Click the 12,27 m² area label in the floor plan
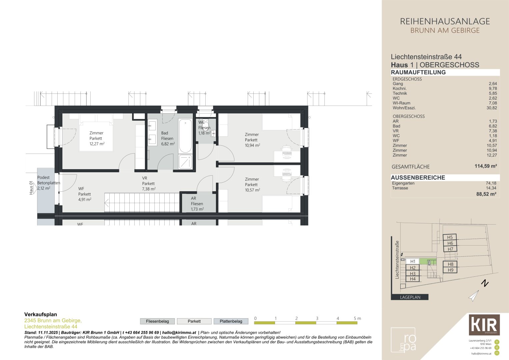point(97,144)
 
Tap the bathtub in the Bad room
point(185,136)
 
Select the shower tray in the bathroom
point(185,162)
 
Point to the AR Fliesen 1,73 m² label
point(197,204)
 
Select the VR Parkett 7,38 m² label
point(148,183)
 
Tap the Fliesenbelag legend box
point(157,321)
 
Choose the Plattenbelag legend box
point(231,321)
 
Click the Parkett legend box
point(194,321)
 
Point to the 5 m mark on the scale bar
point(357,319)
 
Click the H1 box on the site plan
point(413,261)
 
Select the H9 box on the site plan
point(450,270)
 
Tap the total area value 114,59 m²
point(486,166)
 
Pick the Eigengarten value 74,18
point(491,183)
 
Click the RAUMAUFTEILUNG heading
point(418,72)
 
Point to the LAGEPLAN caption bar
point(410,297)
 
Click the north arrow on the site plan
point(474,296)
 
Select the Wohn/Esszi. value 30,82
point(491,108)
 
